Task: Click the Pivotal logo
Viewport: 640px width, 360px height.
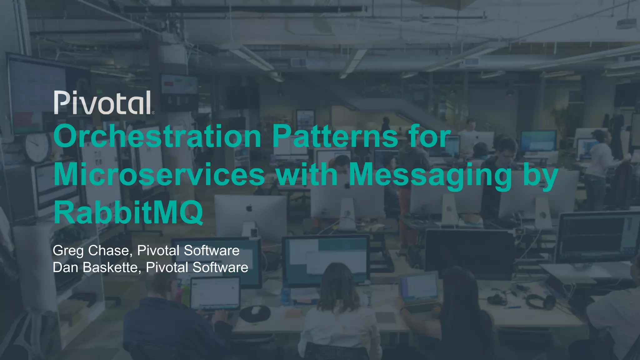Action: pos(103,102)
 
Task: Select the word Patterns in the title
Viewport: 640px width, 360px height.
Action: pos(335,136)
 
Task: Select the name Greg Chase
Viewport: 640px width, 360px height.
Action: pos(91,251)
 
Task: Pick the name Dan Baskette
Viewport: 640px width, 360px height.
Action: pos(95,267)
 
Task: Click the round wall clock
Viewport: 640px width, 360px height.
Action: pos(38,147)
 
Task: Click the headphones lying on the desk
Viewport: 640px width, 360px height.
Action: pos(541,301)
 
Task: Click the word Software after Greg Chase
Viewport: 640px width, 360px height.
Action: pos(212,251)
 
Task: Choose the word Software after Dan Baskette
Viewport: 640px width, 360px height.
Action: pos(220,267)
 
